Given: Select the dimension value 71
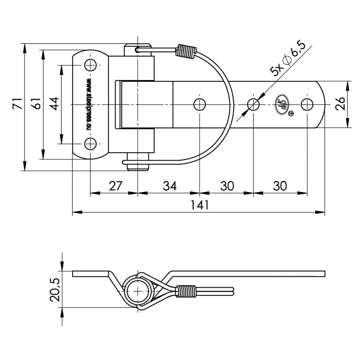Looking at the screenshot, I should coord(17,103).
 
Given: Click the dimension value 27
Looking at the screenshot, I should coord(116,186).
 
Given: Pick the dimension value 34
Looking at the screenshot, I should coord(170,186).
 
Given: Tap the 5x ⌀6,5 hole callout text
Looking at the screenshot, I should coord(288,59).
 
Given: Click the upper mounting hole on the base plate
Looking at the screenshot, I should coord(90,65).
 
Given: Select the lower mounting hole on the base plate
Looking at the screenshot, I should coord(90,144).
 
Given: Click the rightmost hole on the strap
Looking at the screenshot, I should coord(307,104).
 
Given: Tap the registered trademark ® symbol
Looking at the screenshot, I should coord(291,114).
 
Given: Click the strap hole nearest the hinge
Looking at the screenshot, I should coord(199,104).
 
